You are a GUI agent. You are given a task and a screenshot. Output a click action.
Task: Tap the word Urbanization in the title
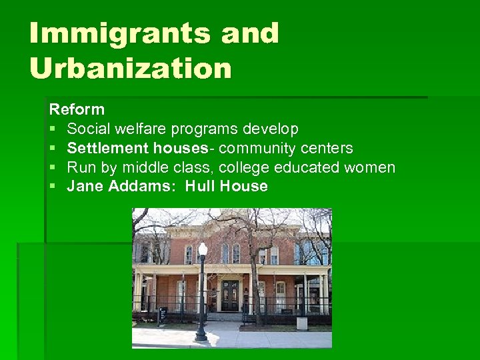[131, 67]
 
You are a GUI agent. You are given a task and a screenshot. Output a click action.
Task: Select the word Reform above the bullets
[77, 109]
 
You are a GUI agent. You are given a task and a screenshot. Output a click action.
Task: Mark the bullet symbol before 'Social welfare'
[53, 129]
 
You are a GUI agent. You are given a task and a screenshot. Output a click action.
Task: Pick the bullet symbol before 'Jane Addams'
[53, 187]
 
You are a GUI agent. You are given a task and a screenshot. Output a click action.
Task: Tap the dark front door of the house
[230, 295]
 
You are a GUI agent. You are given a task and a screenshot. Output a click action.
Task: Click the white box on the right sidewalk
[302, 323]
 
